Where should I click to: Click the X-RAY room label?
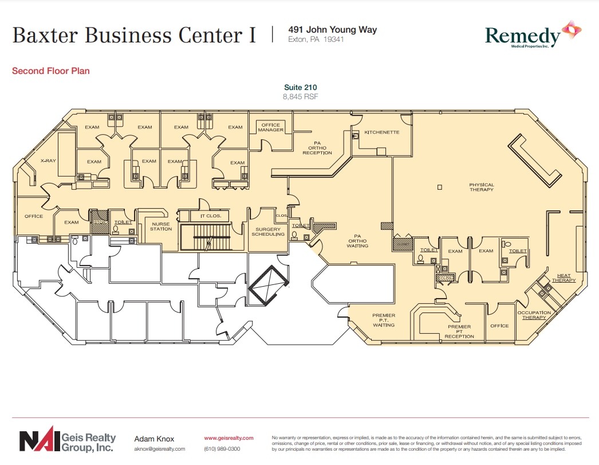48,161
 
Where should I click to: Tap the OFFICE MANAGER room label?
271,127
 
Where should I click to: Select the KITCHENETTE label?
381,132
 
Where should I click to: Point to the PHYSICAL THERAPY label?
481,187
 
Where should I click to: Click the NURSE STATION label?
161,226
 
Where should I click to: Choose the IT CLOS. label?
210,216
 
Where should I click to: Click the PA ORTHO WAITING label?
357,241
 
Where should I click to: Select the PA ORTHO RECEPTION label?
317,148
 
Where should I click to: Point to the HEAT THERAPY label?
563,278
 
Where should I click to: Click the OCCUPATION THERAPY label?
534,315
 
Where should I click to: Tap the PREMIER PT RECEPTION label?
459,331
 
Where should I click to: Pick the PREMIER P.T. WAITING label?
384,320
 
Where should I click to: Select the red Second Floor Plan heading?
50,71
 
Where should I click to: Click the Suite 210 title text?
300,87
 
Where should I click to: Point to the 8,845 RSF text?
300,97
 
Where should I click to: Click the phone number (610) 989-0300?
222,449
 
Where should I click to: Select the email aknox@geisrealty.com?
159,449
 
